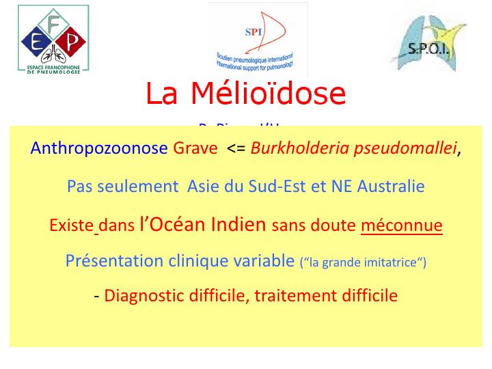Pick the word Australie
click(392, 186)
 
